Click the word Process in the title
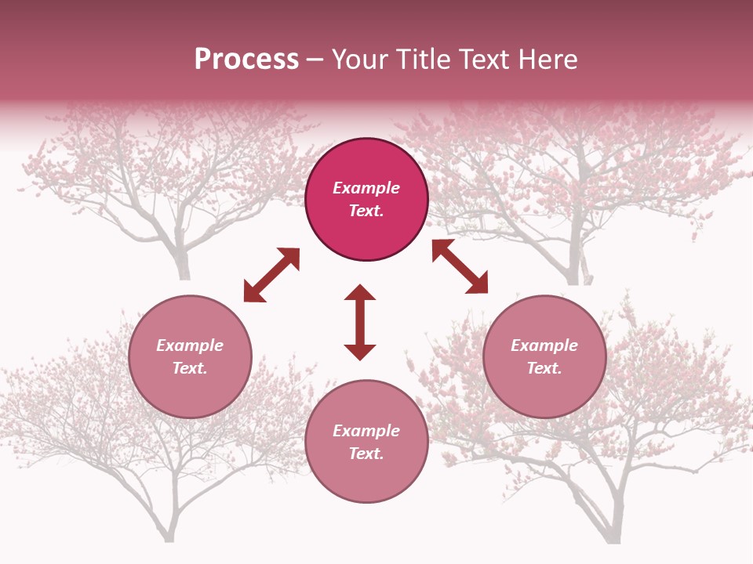(x=246, y=60)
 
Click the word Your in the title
(x=361, y=60)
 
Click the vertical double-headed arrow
(x=360, y=322)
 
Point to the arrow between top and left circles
(x=271, y=275)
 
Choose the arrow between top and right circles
(x=460, y=266)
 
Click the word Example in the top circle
(x=366, y=188)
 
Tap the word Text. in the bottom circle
(x=366, y=454)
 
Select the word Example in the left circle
(x=190, y=345)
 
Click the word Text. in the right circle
(x=544, y=368)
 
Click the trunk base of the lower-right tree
(x=611, y=536)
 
